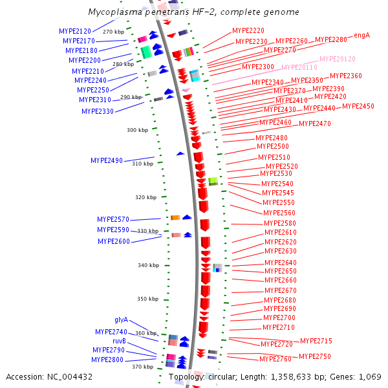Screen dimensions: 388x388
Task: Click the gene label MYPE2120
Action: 75,31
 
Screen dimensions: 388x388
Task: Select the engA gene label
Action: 362,36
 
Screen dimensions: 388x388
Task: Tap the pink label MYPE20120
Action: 338,59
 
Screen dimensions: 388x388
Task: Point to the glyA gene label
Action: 122,320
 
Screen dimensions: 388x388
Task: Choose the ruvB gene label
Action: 119,341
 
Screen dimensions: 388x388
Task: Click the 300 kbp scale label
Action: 137,130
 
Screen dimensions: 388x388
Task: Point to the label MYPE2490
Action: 107,160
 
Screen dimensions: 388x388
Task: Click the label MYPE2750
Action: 315,357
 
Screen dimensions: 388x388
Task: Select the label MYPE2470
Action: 315,124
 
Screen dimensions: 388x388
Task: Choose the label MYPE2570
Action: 113,219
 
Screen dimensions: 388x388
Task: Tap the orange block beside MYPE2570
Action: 175,217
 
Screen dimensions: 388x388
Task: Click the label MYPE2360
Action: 346,76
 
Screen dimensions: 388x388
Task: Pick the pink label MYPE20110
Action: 299,67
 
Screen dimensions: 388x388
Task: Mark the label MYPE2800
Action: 107,360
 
